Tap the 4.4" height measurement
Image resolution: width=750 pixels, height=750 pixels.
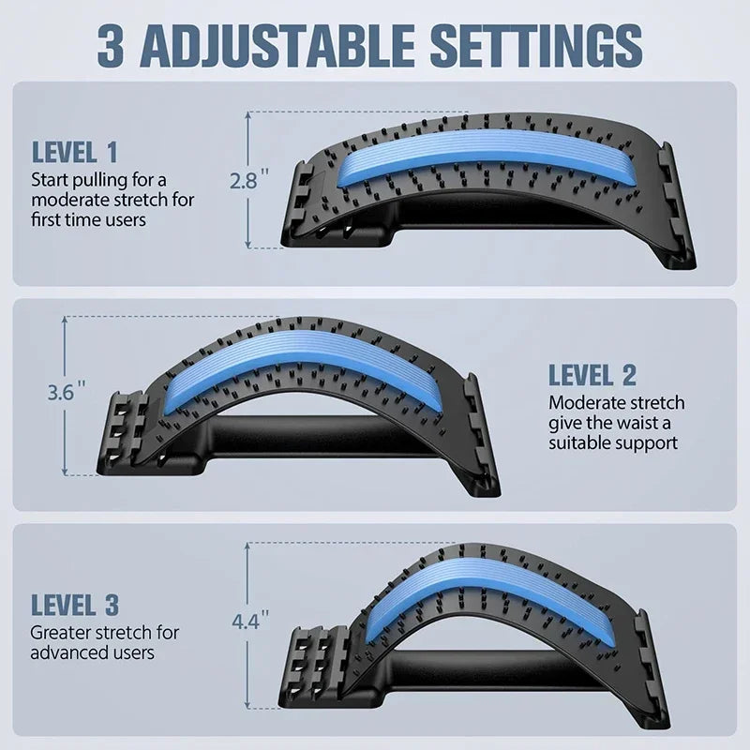tap(248, 621)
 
